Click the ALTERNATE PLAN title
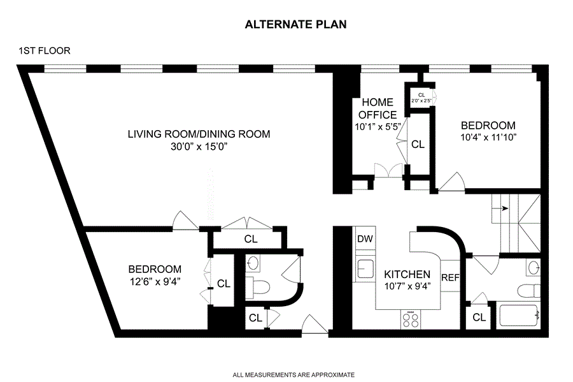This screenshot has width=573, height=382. [x=295, y=24]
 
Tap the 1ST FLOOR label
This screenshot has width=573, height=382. [x=44, y=50]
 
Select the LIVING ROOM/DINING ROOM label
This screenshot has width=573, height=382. [x=199, y=134]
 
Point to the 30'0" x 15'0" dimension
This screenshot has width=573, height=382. [x=199, y=147]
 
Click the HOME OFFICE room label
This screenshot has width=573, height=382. [x=378, y=108]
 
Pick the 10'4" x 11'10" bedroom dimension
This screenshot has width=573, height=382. [x=488, y=138]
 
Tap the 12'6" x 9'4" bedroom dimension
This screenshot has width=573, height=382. [x=155, y=282]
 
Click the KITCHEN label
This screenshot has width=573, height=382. [x=407, y=274]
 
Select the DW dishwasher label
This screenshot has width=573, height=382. [x=365, y=239]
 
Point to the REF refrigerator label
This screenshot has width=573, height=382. [x=450, y=277]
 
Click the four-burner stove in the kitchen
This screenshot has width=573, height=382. [x=411, y=320]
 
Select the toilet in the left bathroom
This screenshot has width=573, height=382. [x=258, y=287]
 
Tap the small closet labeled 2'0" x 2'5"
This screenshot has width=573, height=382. [x=421, y=98]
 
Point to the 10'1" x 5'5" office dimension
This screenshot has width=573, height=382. [x=378, y=127]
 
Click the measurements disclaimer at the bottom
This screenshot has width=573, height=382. [x=294, y=375]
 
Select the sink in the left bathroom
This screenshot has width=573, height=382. [x=253, y=263]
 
